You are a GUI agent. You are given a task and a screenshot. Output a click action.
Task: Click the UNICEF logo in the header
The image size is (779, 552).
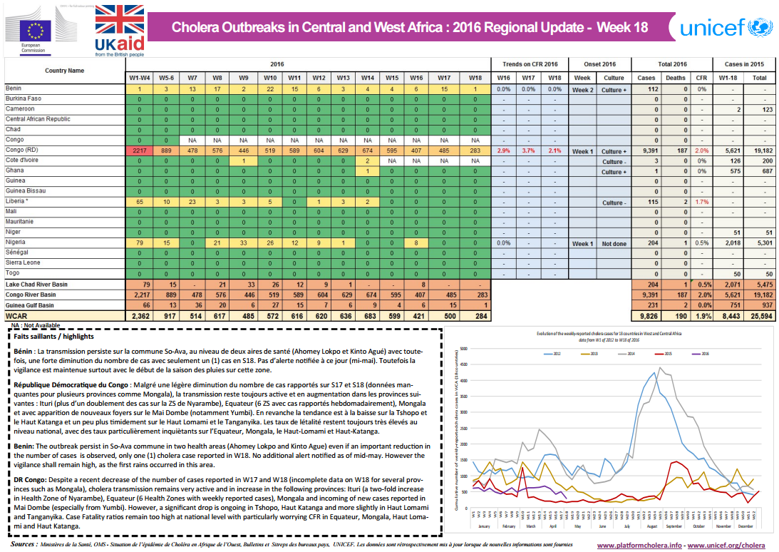724,28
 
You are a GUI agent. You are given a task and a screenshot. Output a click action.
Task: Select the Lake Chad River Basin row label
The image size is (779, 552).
36,285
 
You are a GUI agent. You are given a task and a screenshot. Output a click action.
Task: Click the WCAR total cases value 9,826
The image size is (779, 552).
646,315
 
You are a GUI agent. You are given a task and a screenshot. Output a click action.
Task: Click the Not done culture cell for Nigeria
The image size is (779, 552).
613,243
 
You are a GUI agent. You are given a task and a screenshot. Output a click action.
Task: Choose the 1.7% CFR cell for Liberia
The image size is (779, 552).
701,203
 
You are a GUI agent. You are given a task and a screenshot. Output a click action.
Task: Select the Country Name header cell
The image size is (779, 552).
64,71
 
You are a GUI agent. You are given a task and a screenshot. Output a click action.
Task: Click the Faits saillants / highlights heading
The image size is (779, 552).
53,337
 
